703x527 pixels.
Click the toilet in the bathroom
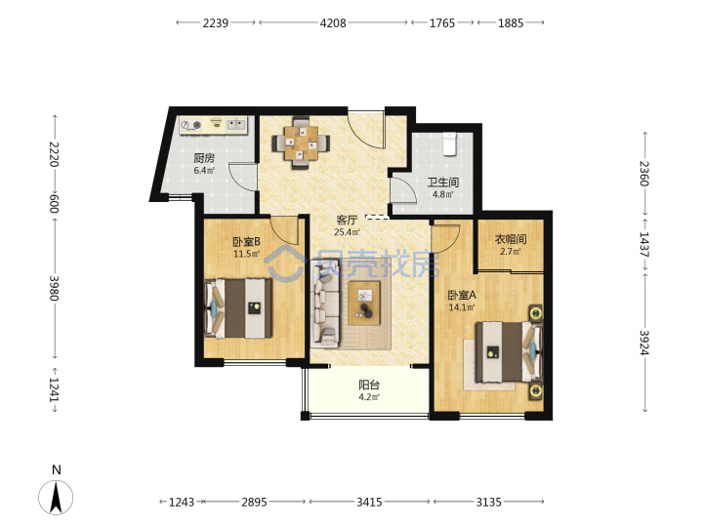(449, 143)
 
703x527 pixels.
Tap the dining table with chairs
(301, 142)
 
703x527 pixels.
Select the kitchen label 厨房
(204, 158)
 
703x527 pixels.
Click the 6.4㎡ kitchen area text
(204, 171)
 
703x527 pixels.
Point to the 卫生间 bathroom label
(443, 182)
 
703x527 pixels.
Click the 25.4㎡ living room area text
(347, 232)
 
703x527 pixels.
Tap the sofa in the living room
(324, 304)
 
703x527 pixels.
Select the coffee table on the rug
(364, 303)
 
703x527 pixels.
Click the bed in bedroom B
(238, 308)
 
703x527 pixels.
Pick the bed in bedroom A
(510, 352)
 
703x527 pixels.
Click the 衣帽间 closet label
(511, 239)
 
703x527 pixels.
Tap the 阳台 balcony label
(369, 385)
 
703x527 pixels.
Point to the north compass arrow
(56, 497)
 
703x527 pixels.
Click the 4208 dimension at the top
(333, 22)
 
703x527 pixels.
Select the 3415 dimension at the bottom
(369, 502)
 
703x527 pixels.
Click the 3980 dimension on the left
(55, 288)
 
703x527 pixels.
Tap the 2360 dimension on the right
(644, 174)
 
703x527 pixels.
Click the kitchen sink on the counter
(236, 124)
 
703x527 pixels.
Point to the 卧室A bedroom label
(462, 296)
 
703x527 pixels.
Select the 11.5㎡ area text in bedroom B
(247, 255)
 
